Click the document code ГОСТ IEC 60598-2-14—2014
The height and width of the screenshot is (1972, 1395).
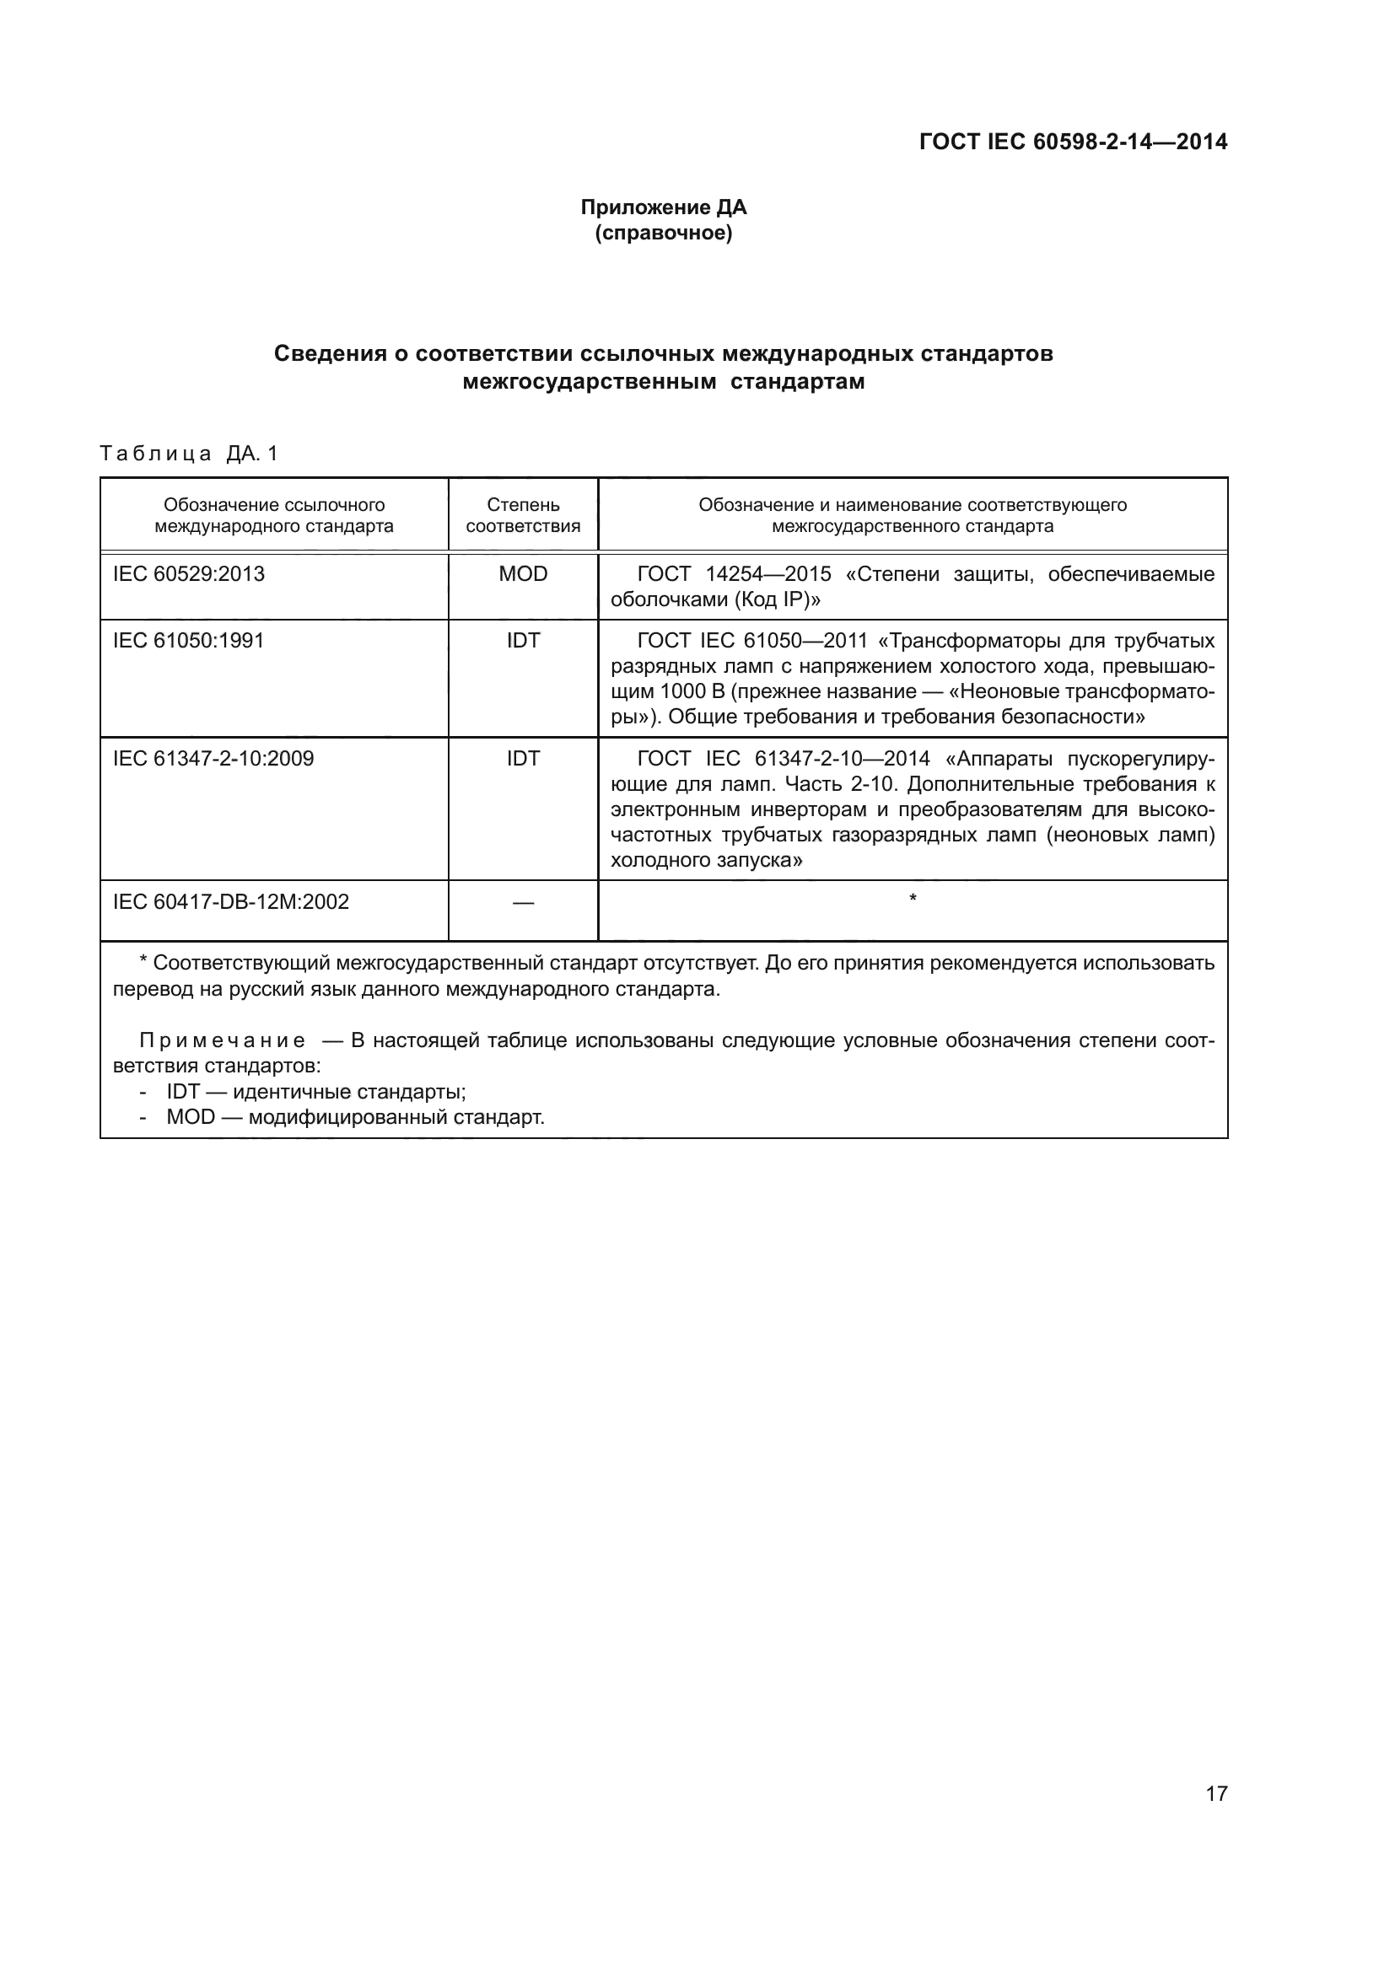tap(1073, 142)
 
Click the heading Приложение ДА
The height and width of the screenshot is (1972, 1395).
tap(663, 207)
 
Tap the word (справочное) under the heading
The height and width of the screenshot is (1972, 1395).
tap(663, 233)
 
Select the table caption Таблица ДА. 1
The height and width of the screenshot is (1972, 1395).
tap(189, 454)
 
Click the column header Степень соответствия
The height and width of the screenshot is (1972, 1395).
tap(522, 515)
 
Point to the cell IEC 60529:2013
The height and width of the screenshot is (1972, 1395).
tap(189, 574)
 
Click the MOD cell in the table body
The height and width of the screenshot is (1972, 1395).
tap(522, 574)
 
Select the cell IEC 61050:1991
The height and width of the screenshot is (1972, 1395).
tap(189, 641)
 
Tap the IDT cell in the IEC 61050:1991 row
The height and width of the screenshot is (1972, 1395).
tap(522, 641)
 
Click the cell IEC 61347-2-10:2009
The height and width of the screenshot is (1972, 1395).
tap(213, 759)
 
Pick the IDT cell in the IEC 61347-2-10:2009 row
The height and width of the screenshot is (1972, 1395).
tap(522, 759)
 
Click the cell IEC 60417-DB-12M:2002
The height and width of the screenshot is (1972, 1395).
tap(231, 902)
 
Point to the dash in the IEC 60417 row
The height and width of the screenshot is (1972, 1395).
tap(522, 902)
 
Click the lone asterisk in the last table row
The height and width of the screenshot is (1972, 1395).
tap(913, 899)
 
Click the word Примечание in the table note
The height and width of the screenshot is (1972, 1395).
tap(223, 1041)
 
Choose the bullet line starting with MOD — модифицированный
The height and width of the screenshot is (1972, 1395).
tap(356, 1117)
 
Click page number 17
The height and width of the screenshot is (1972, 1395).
tap(1216, 1793)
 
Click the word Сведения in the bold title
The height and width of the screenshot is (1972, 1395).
tap(330, 354)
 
